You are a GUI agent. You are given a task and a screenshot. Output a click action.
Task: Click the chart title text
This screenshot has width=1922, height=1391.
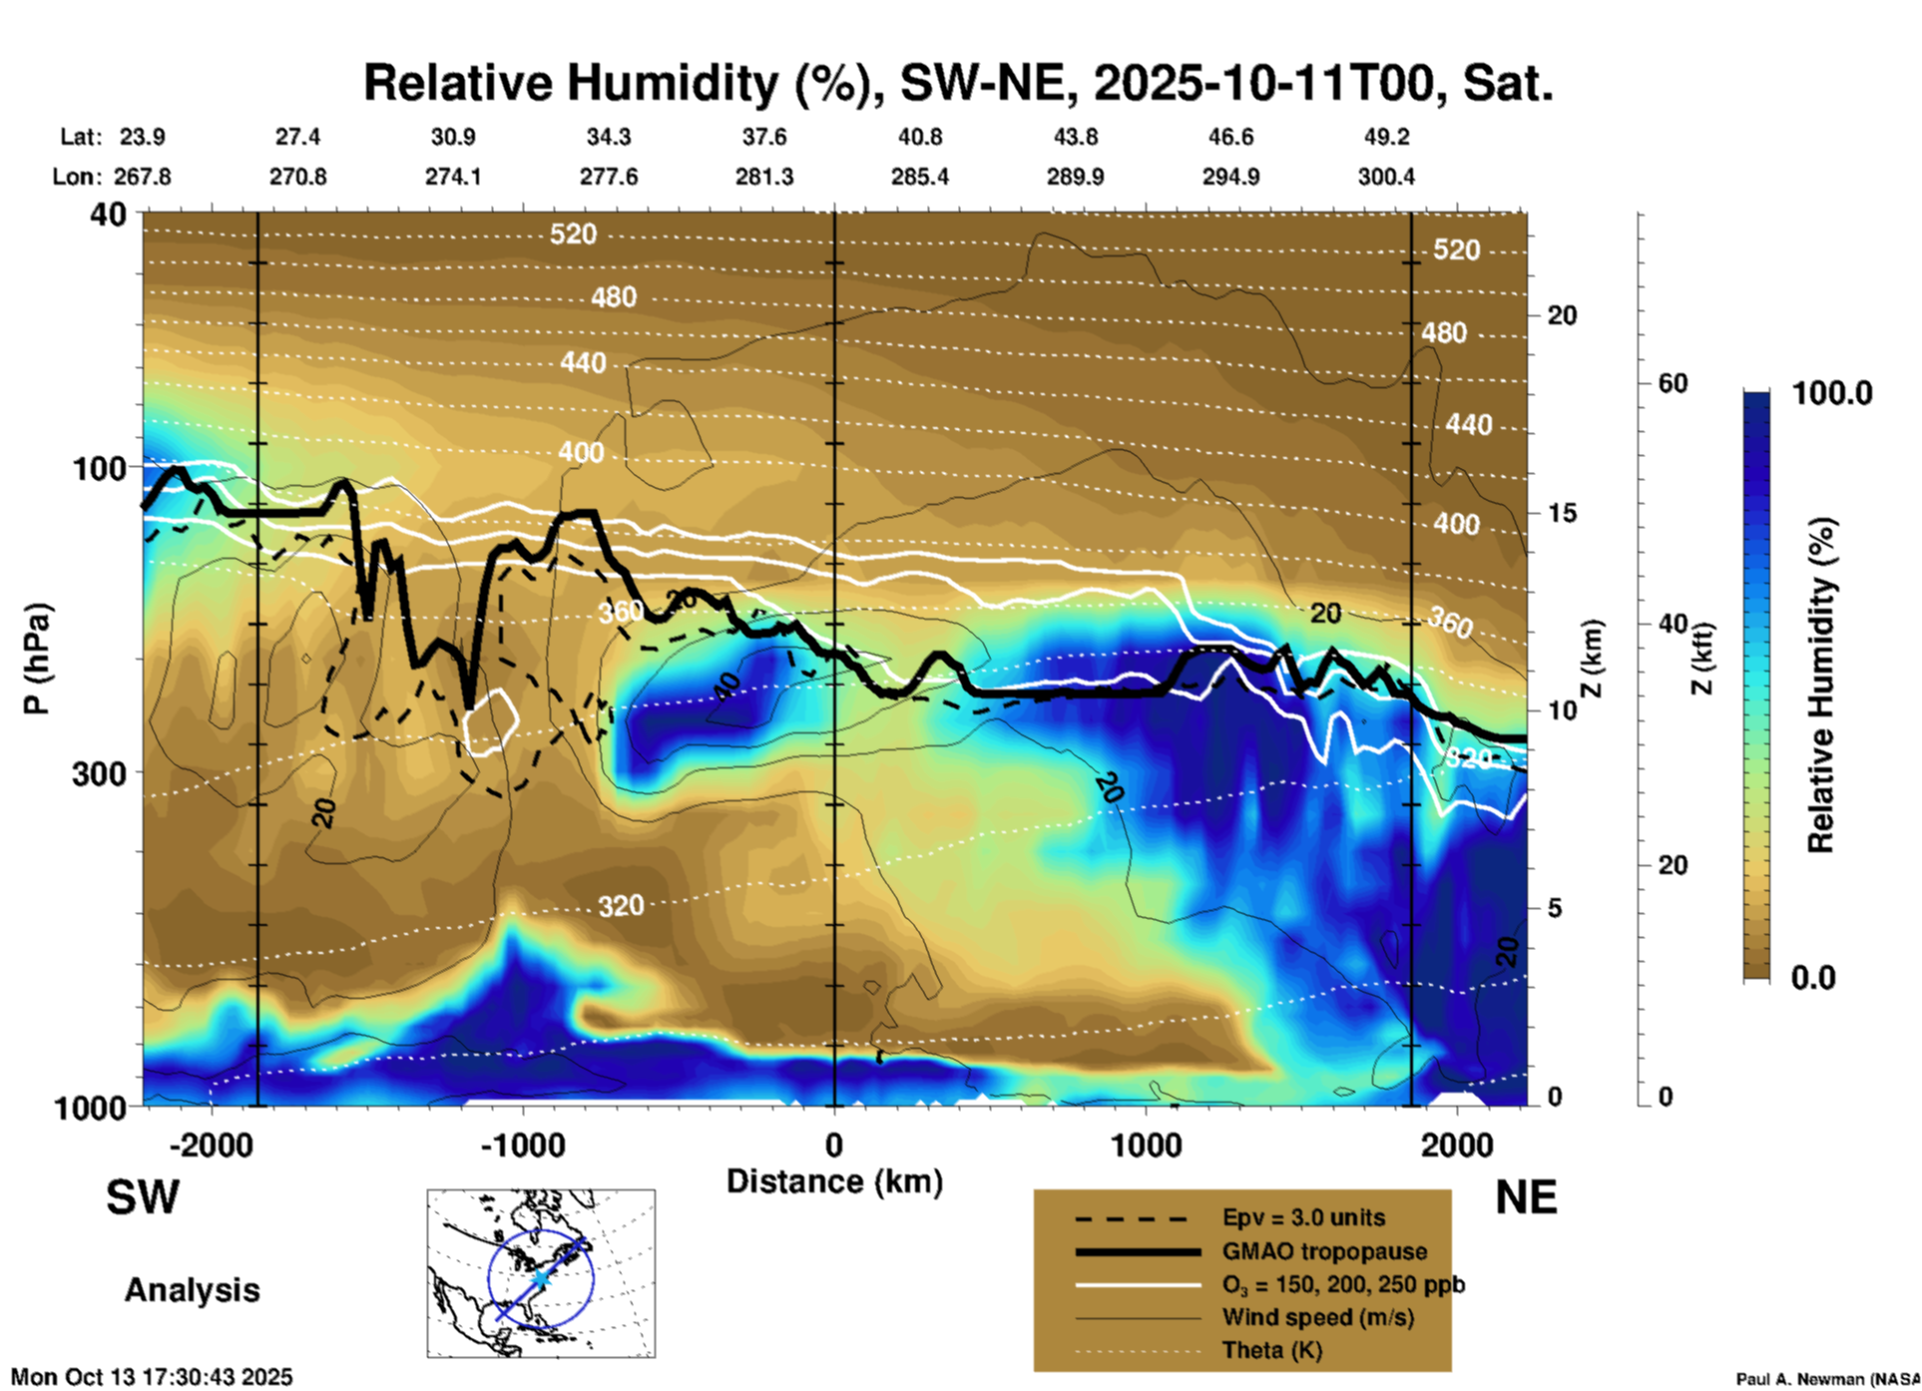tap(958, 83)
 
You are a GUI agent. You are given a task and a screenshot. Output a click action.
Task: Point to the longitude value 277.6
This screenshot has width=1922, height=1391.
tap(608, 177)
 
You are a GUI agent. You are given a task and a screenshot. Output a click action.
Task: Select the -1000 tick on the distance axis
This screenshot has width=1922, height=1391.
tap(523, 1145)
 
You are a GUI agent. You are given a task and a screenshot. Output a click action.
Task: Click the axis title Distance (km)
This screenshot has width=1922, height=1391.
tap(834, 1181)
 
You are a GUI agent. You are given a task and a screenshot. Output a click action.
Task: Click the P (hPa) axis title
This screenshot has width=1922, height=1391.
tap(37, 659)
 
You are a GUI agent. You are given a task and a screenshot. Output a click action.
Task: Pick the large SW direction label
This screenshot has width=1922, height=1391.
tap(143, 1197)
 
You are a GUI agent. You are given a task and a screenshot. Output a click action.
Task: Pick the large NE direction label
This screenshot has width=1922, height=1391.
tap(1526, 1197)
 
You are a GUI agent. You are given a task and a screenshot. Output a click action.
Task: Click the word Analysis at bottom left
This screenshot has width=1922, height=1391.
tap(192, 1290)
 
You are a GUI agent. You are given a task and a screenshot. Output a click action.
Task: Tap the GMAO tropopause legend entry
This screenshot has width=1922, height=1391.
tap(1324, 1251)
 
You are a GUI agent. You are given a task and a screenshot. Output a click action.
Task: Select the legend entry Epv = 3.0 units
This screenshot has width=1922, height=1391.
tap(1303, 1218)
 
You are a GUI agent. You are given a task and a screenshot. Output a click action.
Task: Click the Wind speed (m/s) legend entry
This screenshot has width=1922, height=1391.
tap(1317, 1317)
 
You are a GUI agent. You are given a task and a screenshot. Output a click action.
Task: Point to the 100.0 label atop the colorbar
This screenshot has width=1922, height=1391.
tap(1832, 393)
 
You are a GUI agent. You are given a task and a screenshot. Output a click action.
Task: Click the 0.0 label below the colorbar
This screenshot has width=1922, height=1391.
tap(1813, 978)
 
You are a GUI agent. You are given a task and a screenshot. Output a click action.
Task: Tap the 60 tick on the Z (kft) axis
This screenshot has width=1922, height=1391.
tap(1673, 384)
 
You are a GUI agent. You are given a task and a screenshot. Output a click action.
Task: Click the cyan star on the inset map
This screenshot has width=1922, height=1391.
tap(540, 1278)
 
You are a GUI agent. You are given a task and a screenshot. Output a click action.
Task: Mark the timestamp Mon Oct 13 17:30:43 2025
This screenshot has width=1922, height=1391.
tap(152, 1377)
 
